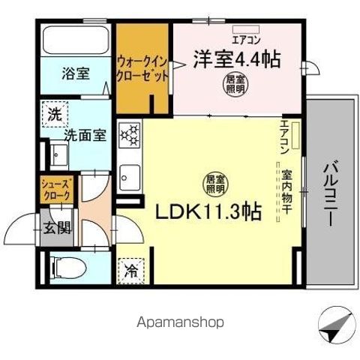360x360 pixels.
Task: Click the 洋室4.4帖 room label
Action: tap(238, 60)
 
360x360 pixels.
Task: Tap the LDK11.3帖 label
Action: tap(209, 211)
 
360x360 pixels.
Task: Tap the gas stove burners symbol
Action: tap(130, 135)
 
